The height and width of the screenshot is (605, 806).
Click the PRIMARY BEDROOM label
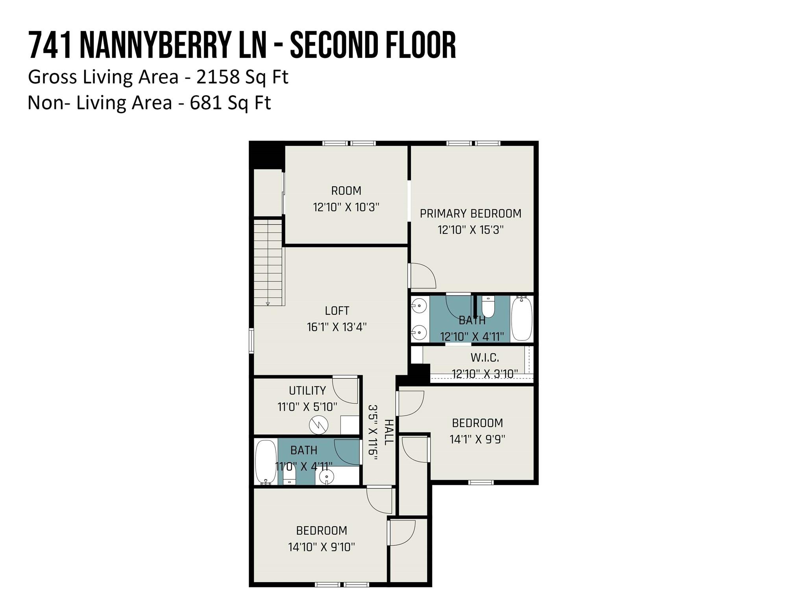tap(470, 213)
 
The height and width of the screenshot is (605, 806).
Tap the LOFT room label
tap(337, 311)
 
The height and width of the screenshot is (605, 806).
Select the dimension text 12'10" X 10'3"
tap(346, 207)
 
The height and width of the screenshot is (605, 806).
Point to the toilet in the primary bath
tap(488, 308)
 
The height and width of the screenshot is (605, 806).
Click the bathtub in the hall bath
tap(266, 462)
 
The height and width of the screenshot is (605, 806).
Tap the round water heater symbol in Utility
tap(318, 425)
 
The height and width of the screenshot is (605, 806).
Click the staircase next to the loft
tap(268, 262)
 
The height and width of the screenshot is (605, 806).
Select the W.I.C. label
tap(484, 358)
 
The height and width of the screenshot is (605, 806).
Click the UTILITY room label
tap(307, 390)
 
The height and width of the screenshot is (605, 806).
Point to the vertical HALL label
tap(388, 432)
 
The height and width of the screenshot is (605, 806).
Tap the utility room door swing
tap(345, 390)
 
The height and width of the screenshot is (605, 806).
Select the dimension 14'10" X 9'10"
tap(322, 547)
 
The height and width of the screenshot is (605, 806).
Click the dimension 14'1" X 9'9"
tap(477, 439)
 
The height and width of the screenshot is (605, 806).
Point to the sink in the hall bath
tap(326, 477)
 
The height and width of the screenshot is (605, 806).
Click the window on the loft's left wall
tap(251, 341)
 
